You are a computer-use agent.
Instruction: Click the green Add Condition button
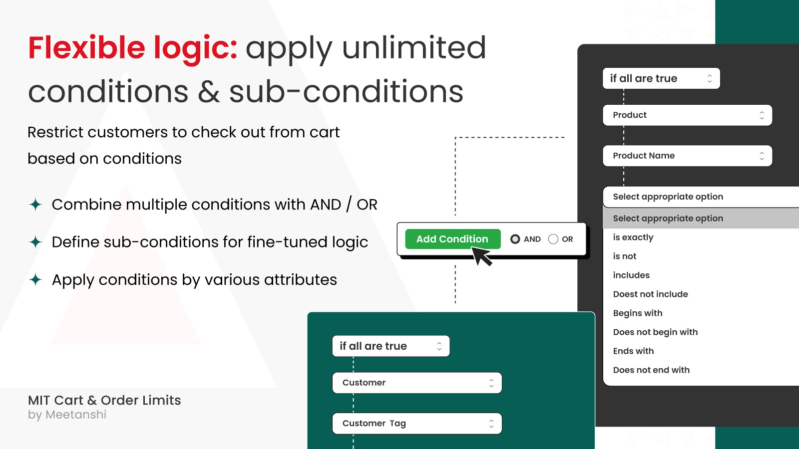452,239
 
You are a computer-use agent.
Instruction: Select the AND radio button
515,239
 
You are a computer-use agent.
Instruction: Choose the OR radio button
553,239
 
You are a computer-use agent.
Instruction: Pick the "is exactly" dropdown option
633,237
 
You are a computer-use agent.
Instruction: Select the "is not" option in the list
625,256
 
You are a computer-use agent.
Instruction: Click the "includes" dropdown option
631,275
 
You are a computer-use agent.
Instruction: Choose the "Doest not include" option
650,294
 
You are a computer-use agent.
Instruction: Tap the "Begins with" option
638,313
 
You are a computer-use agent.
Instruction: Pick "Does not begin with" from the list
655,332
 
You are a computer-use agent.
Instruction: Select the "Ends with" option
633,351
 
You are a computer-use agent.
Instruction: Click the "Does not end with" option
651,370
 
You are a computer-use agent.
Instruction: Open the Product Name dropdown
687,156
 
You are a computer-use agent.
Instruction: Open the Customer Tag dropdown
417,424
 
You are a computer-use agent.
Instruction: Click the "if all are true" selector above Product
661,78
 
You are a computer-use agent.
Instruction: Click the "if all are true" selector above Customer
391,346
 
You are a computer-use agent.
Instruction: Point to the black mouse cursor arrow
481,256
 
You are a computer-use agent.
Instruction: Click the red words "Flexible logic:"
132,48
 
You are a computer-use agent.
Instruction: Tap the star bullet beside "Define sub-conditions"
35,242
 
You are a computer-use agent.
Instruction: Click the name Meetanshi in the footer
76,415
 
